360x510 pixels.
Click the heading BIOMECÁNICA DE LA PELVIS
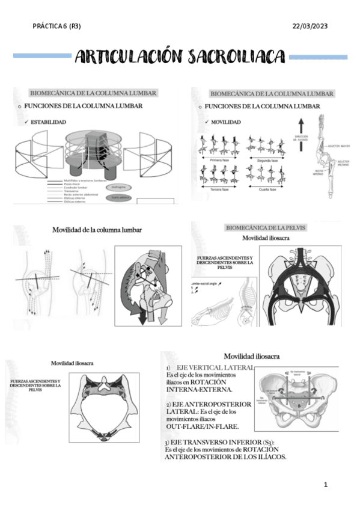265,228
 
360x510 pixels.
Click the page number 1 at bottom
325,484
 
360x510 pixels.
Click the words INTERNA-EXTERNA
195,390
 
